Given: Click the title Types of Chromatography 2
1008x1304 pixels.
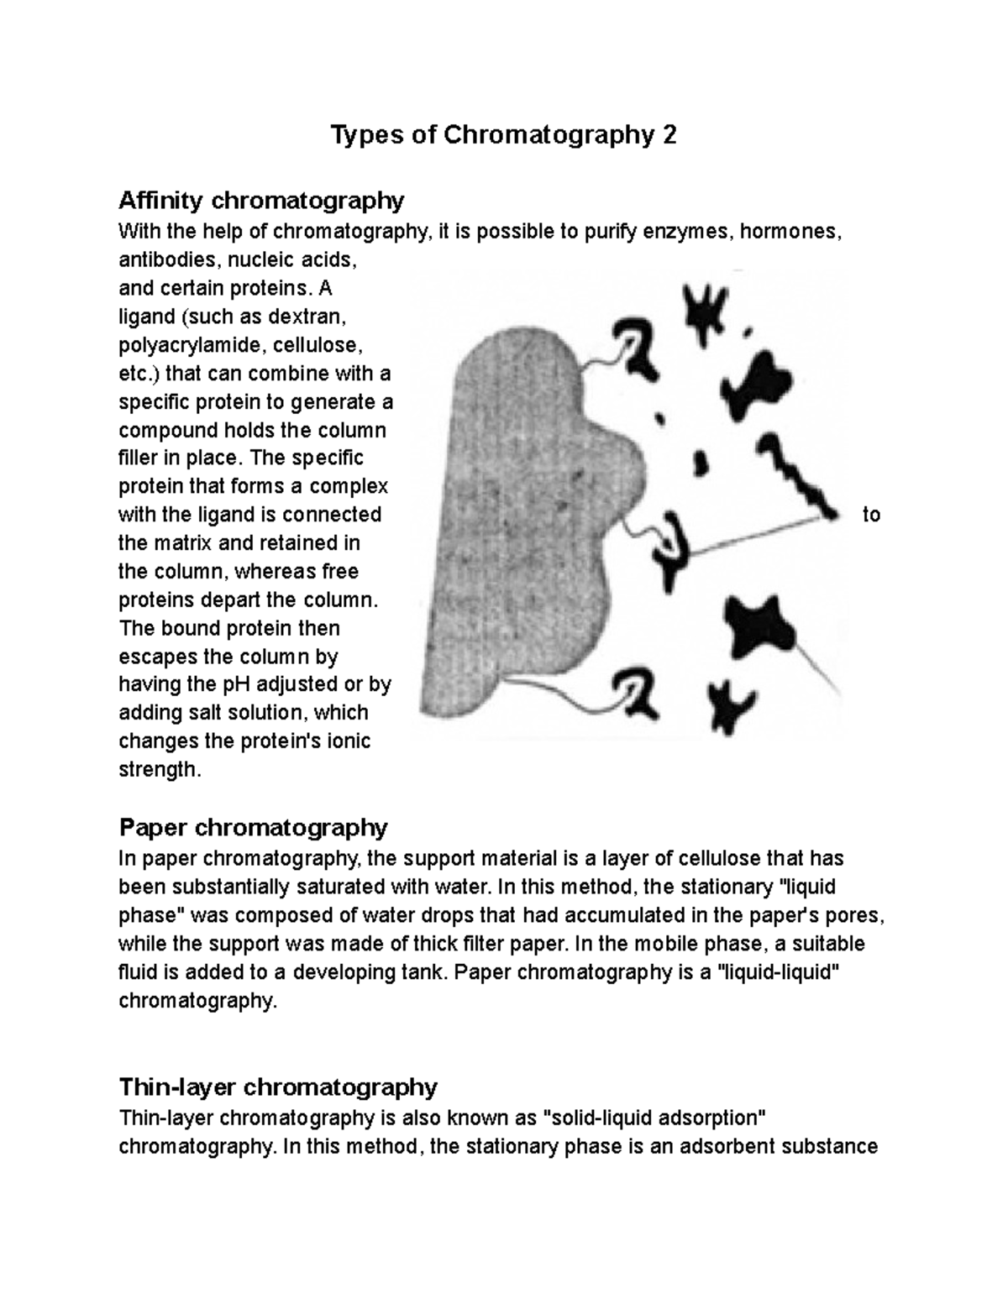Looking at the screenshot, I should pyautogui.click(x=503, y=134).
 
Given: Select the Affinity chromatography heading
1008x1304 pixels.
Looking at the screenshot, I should pyautogui.click(x=261, y=201).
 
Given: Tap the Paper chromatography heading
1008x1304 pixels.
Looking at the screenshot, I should pyautogui.click(x=253, y=828).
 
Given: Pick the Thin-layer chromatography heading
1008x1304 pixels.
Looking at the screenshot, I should pyautogui.click(x=278, y=1087).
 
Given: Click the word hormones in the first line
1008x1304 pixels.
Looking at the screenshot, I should pyautogui.click(x=788, y=231).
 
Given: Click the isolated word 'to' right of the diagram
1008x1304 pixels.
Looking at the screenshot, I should pyautogui.click(x=871, y=515).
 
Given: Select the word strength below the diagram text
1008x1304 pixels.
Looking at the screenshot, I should pyautogui.click(x=160, y=770).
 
